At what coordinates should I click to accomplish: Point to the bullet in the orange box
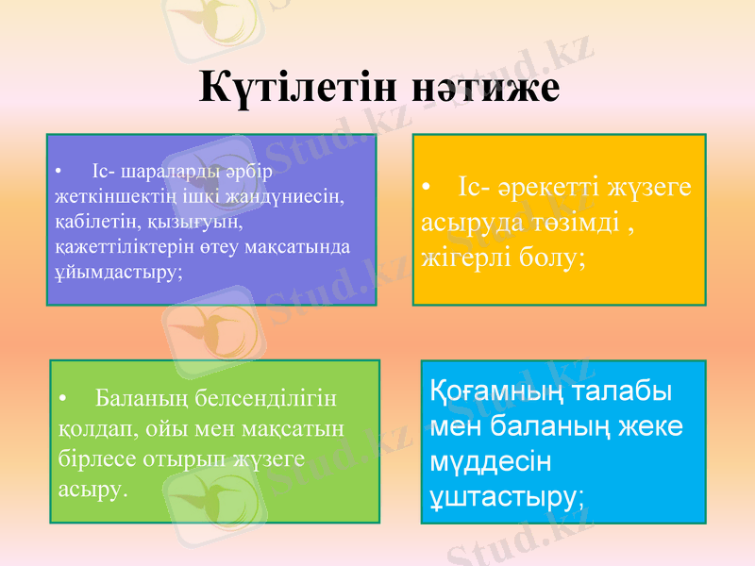(x=428, y=188)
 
